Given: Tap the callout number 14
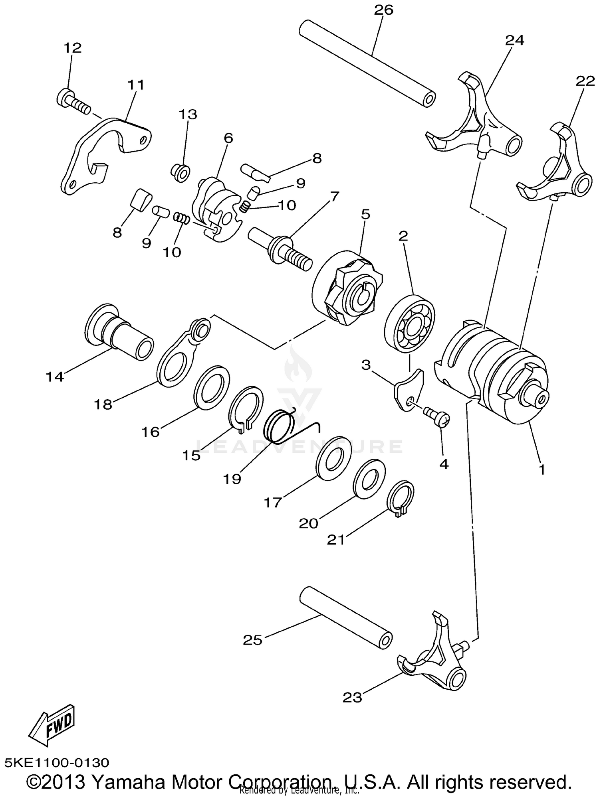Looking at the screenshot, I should point(55,376).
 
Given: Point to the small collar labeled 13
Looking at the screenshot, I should point(181,172).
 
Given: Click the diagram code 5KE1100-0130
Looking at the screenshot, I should point(56,762).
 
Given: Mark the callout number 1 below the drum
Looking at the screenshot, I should point(541,469).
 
